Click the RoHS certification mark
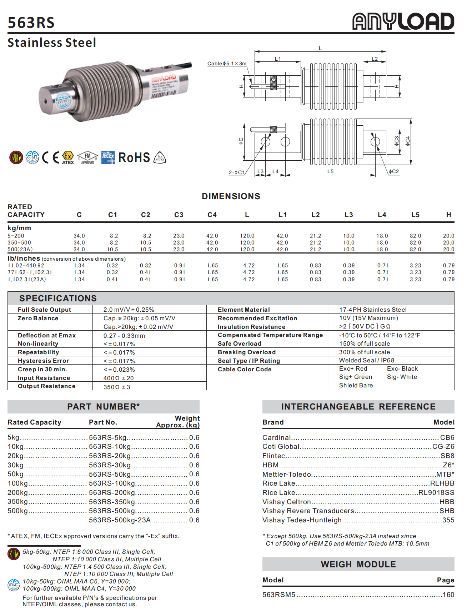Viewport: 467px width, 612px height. (134, 157)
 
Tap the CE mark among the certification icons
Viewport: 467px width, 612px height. (50, 157)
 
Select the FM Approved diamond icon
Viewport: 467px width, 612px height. (87, 157)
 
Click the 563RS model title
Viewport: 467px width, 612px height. (31, 22)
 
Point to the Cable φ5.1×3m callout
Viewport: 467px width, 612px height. (227, 64)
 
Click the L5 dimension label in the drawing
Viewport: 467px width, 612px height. (330, 171)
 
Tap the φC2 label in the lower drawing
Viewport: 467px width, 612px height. (394, 171)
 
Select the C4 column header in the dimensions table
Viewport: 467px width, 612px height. (212, 215)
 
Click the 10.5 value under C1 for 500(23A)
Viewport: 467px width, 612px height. (112, 249)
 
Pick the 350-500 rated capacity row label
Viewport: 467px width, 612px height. (19, 242)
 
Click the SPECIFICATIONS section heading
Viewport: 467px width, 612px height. (58, 298)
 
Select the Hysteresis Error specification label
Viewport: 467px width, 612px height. (43, 361)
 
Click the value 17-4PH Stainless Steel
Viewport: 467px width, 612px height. (373, 310)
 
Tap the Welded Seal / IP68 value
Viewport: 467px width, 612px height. (367, 360)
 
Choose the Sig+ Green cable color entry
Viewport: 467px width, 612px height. (356, 377)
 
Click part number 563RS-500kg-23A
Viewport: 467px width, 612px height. (120, 520)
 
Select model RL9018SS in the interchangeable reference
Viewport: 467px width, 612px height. (436, 492)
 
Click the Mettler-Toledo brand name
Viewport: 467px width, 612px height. (287, 474)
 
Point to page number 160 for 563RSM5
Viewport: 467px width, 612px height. (448, 595)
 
